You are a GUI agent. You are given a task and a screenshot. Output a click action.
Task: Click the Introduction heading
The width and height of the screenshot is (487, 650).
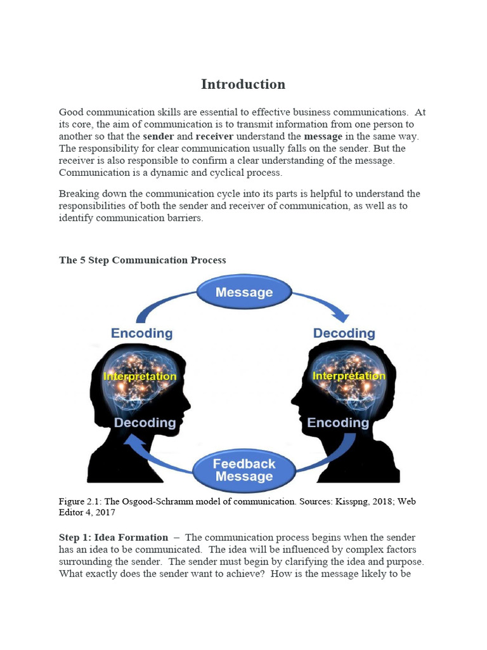(x=243, y=84)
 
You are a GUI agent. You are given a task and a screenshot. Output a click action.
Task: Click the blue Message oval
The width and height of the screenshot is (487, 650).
(x=244, y=293)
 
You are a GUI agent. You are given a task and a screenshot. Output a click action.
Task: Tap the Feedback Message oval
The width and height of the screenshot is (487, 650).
(x=243, y=470)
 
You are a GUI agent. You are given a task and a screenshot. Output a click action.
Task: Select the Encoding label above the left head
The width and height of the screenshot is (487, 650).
(x=141, y=333)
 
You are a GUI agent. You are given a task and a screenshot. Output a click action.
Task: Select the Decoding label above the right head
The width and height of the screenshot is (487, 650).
(x=344, y=333)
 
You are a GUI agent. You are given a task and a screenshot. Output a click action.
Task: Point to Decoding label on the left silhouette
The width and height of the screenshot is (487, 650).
(x=145, y=423)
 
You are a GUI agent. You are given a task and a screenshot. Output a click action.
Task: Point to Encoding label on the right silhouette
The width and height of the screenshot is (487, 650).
(x=337, y=423)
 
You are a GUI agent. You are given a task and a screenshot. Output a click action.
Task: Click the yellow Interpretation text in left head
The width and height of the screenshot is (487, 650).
(x=140, y=376)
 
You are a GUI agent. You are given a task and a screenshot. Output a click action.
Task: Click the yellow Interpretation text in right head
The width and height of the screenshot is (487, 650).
(x=349, y=376)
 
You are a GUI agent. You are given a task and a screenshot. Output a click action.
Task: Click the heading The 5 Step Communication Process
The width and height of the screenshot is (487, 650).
(x=142, y=260)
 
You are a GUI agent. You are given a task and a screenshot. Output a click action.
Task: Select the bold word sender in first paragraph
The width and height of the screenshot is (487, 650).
(x=159, y=136)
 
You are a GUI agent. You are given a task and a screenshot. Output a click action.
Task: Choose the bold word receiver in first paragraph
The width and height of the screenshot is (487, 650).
(x=214, y=136)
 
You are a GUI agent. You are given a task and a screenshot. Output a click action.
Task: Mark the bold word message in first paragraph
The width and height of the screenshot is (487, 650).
(x=323, y=136)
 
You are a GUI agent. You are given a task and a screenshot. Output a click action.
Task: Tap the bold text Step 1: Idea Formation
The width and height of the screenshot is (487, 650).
(x=114, y=538)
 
